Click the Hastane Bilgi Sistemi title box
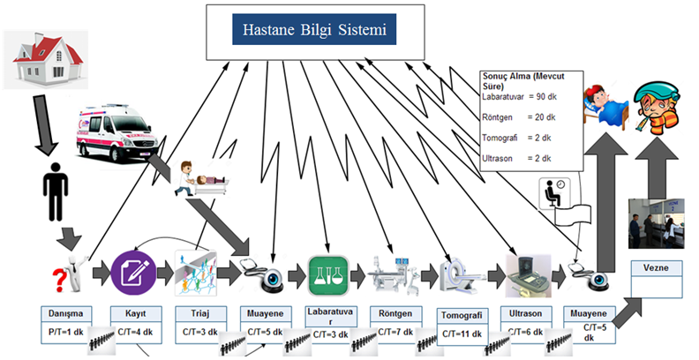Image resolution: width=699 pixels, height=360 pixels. (x=315, y=33)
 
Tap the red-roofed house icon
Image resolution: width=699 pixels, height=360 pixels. (x=44, y=62)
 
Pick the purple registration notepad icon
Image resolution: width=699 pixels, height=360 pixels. (x=133, y=272)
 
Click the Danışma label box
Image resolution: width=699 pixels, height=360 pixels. (x=65, y=313)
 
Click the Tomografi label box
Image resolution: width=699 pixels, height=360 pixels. (x=461, y=314)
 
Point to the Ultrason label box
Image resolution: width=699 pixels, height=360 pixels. (x=526, y=313)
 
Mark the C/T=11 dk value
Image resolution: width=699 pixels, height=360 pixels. (x=461, y=334)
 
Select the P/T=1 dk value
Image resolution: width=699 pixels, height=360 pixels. (x=65, y=332)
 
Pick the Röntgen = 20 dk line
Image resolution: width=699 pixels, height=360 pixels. (x=520, y=116)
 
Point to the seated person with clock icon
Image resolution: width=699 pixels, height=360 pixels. (x=554, y=193)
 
